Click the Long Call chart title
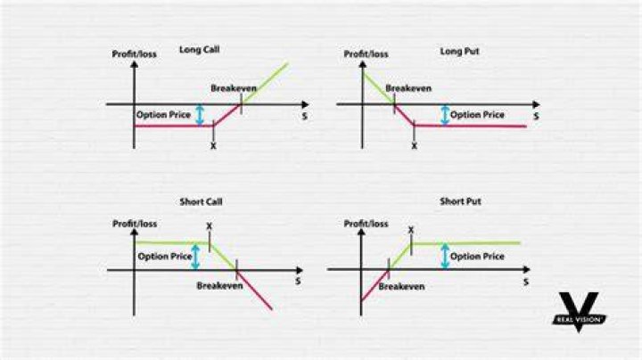pos(200,50)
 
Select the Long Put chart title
pos(459,51)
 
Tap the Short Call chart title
pos(201,201)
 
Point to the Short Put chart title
pos(460,201)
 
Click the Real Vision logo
pos(579,312)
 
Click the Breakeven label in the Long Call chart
pos(234,88)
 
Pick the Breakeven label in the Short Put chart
pos(401,286)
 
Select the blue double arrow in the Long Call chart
pos(200,115)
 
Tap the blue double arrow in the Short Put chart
pos(445,256)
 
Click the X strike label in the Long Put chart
pos(414,146)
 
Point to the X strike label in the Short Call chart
pos(210,225)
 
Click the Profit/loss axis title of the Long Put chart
pos(366,54)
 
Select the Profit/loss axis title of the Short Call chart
pos(135,224)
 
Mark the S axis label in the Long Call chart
pos(304,116)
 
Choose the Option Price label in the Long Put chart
pos(477,115)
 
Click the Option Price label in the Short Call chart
pos(165,257)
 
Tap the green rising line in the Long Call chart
pos(264,84)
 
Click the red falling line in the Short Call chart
pos(254,290)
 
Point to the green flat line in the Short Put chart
pos(465,243)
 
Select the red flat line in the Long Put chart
pos(470,126)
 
